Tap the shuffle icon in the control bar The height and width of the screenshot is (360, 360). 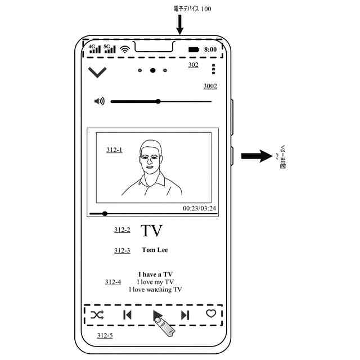(x=97, y=315)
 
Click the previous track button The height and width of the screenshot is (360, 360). (x=127, y=315)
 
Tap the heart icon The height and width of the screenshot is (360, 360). (x=211, y=313)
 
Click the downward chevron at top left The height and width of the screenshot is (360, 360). (x=97, y=71)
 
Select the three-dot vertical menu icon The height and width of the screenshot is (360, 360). (x=213, y=69)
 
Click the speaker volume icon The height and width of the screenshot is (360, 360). (x=100, y=101)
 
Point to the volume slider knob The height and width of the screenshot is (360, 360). (x=158, y=101)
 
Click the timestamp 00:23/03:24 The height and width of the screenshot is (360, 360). (x=199, y=208)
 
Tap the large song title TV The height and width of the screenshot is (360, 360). (x=151, y=231)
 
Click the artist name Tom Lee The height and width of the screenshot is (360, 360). (x=155, y=250)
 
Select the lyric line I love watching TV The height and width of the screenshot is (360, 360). (x=155, y=290)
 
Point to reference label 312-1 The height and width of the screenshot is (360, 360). (x=114, y=150)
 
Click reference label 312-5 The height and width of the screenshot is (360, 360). (x=105, y=335)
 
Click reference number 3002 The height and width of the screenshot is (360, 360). (x=210, y=86)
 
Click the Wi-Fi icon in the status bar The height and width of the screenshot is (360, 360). (x=124, y=49)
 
